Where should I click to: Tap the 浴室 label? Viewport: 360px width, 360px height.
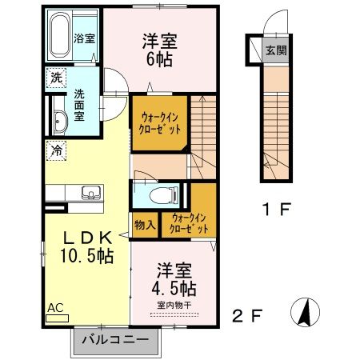tap(84, 38)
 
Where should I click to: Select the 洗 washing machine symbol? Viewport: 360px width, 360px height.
tap(56, 78)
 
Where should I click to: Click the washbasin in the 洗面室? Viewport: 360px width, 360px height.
tap(60, 122)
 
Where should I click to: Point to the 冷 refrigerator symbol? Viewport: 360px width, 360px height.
tap(56, 151)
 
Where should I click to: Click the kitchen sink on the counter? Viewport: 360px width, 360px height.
tap(91, 193)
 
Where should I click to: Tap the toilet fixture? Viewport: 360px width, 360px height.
tap(163, 195)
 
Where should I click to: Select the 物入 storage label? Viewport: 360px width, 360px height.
tap(145, 225)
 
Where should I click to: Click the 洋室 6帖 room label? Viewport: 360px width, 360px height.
tap(160, 50)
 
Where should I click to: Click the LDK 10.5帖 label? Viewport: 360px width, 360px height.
tap(87, 247)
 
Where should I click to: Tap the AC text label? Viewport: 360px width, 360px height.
tap(55, 308)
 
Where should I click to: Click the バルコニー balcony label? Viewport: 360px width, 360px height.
tap(115, 340)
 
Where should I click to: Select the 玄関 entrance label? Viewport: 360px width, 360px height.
tap(276, 50)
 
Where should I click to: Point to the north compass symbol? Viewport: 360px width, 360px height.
tap(305, 312)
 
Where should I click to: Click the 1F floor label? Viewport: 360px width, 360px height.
tap(276, 210)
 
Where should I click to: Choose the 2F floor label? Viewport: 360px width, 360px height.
tap(247, 316)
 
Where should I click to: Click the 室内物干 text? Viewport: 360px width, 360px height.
tap(174, 306)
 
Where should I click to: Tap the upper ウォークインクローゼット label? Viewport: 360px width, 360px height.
tap(160, 123)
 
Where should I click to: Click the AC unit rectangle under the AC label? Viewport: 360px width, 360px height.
tap(58, 318)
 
